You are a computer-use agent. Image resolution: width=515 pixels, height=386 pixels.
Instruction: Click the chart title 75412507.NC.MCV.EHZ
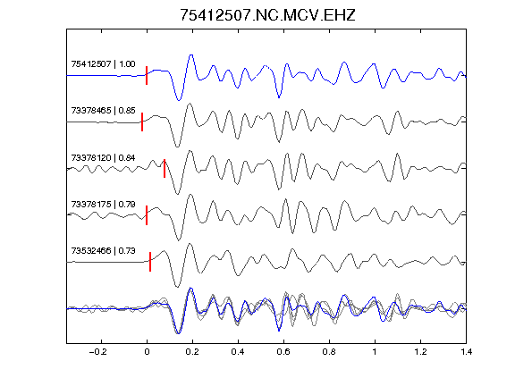(x=267, y=15)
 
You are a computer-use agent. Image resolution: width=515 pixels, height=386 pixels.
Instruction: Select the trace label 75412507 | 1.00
(x=103, y=63)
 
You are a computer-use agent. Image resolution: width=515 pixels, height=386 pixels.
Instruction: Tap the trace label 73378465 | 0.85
(x=103, y=110)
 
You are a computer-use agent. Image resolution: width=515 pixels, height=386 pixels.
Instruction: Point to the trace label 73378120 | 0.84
(x=103, y=158)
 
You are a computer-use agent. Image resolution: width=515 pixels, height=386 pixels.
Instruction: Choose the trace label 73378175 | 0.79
(x=103, y=205)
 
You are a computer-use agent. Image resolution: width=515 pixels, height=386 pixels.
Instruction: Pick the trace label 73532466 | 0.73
(x=103, y=251)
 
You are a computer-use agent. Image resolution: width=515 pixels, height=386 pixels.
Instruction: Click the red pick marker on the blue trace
(x=147, y=75)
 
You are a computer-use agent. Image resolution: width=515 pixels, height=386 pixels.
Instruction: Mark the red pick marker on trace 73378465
(x=142, y=122)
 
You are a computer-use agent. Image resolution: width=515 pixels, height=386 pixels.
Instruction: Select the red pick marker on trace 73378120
(x=165, y=168)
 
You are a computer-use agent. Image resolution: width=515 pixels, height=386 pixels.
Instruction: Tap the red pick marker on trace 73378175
(x=147, y=215)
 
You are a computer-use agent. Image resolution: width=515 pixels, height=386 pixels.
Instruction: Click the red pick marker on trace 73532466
(x=150, y=262)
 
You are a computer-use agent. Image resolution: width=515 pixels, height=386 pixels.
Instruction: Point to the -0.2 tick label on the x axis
(x=98, y=352)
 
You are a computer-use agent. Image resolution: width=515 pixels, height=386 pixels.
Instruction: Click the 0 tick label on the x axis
(x=147, y=352)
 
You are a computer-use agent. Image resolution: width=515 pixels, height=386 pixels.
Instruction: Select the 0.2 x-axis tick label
(x=192, y=352)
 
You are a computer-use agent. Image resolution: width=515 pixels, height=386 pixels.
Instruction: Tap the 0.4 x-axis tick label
(x=238, y=352)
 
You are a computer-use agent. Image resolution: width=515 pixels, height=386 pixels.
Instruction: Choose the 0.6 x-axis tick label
(x=283, y=352)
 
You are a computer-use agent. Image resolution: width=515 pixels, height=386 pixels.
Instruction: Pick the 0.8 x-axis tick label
(x=329, y=352)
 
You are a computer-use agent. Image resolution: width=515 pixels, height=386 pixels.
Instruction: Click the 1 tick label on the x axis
(x=375, y=352)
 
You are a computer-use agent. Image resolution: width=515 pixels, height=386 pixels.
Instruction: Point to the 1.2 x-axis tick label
(x=420, y=352)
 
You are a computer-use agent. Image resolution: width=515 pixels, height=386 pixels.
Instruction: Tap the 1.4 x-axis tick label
(x=466, y=352)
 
